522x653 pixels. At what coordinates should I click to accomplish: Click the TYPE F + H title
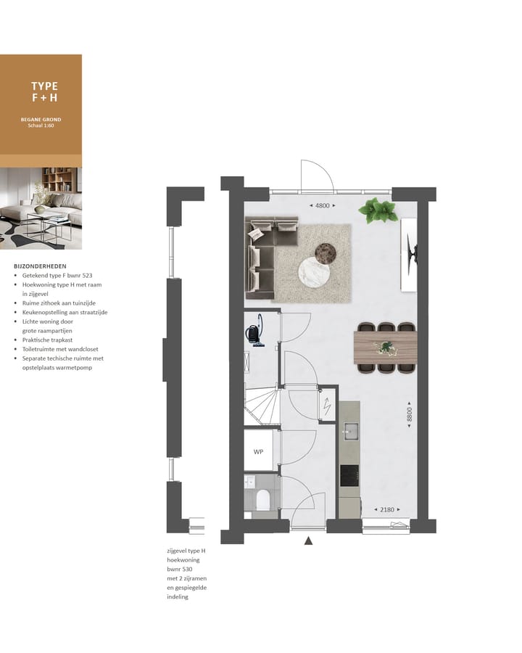44,91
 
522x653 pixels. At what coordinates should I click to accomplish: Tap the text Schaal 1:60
41,126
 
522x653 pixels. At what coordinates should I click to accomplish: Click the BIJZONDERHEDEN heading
40,266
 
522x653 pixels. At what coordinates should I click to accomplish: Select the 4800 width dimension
323,206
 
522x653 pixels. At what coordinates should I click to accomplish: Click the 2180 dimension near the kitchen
386,510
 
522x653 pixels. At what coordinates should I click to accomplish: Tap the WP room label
257,451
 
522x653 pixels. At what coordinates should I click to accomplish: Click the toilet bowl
263,499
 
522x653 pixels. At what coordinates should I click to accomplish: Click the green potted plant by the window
378,210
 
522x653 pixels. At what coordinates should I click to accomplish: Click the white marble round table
314,273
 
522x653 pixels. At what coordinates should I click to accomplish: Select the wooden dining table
385,348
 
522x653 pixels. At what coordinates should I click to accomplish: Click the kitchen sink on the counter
350,430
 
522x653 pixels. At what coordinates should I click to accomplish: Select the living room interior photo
41,209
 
